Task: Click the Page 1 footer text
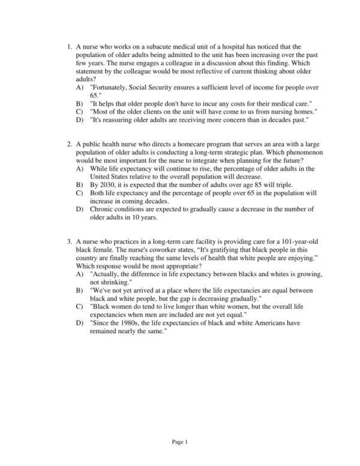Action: click(180, 443)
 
